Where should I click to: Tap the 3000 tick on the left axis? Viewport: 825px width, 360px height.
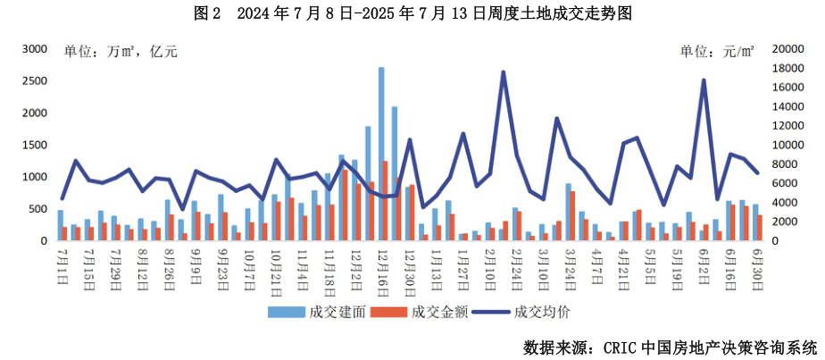[33, 50]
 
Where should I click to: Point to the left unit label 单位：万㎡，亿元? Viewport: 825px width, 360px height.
[121, 52]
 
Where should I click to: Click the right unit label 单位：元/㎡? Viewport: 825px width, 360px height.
[717, 52]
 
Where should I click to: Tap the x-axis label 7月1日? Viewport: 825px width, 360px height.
[62, 262]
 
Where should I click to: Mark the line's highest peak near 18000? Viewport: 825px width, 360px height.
[504, 72]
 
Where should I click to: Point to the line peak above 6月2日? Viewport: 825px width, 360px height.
[704, 80]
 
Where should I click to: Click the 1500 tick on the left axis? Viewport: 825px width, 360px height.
[33, 145]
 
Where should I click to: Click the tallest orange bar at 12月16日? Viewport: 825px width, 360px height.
[386, 201]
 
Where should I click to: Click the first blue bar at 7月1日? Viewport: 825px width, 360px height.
[60, 226]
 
